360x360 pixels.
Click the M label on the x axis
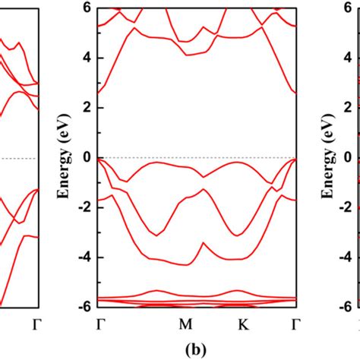tap(185, 325)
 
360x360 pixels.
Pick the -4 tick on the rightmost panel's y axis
tap(348, 257)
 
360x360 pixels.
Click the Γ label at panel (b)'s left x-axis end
tap(101, 325)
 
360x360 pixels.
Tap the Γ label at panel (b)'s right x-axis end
tap(295, 325)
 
